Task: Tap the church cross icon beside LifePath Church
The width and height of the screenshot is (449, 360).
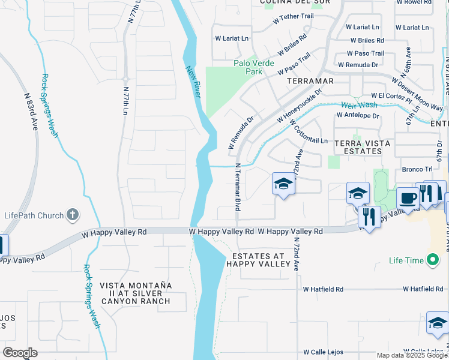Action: (x=72, y=214)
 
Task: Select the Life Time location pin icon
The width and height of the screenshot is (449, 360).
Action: (x=432, y=260)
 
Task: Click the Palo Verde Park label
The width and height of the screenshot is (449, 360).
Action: (x=254, y=67)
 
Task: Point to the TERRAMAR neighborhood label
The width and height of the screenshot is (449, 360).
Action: (x=310, y=80)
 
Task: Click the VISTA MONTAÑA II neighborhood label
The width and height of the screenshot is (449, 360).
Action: (x=135, y=293)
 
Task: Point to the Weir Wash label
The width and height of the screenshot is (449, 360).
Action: (x=355, y=105)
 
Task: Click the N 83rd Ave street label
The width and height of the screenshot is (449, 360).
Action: (x=31, y=112)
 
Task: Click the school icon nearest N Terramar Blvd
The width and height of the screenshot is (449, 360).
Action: (x=283, y=184)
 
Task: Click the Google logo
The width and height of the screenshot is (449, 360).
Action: (x=20, y=353)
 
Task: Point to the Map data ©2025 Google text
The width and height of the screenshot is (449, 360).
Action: (x=412, y=355)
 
